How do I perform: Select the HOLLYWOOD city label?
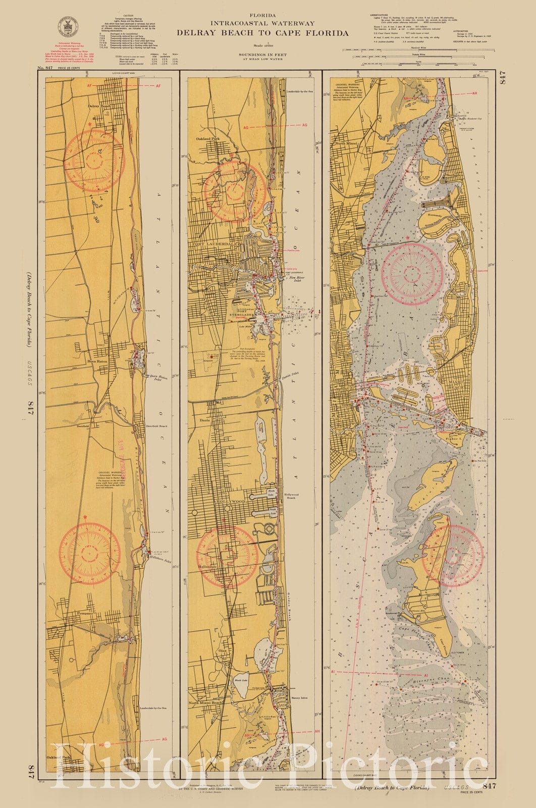point(231,501)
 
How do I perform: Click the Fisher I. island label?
point(454,439)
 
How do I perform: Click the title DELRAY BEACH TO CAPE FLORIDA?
point(262,33)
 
